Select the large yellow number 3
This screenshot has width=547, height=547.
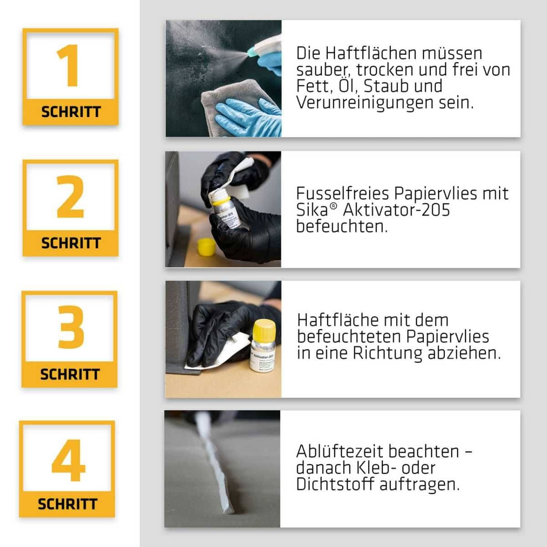tap(70, 327)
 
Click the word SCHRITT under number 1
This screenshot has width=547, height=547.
tap(71, 112)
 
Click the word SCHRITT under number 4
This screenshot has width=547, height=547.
tap(67, 504)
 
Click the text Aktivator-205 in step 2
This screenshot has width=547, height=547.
tap(396, 210)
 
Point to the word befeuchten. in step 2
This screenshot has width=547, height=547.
tap(341, 226)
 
